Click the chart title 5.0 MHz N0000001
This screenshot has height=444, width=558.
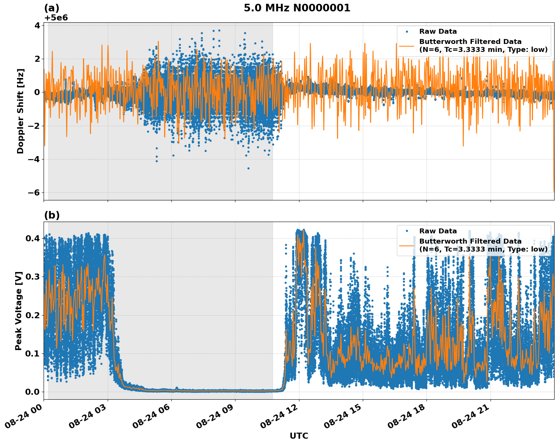coord(297,8)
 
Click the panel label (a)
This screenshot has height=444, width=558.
coord(52,8)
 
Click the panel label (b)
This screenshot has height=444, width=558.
coord(52,215)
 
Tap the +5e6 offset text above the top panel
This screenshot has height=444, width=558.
coord(56,18)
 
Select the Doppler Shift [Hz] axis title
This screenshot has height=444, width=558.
coord(20,111)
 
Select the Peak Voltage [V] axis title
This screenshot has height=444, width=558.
coord(19,311)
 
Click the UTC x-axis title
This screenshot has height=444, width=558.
coord(299,436)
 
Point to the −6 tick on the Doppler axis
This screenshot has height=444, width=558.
coord(34,192)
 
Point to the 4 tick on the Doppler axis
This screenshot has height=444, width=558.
coord(37,25)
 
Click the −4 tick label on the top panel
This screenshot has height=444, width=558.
coord(34,159)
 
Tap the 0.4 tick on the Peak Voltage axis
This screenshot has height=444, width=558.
coord(33,238)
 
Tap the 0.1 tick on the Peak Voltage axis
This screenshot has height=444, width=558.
coord(33,353)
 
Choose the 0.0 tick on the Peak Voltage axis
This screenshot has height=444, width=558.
coord(33,392)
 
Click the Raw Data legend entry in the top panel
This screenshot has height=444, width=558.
coord(438,31)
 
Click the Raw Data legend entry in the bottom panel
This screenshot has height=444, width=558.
coord(438,231)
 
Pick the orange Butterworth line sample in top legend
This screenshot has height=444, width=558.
coord(407,46)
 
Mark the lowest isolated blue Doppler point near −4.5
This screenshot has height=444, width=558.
coord(248,168)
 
